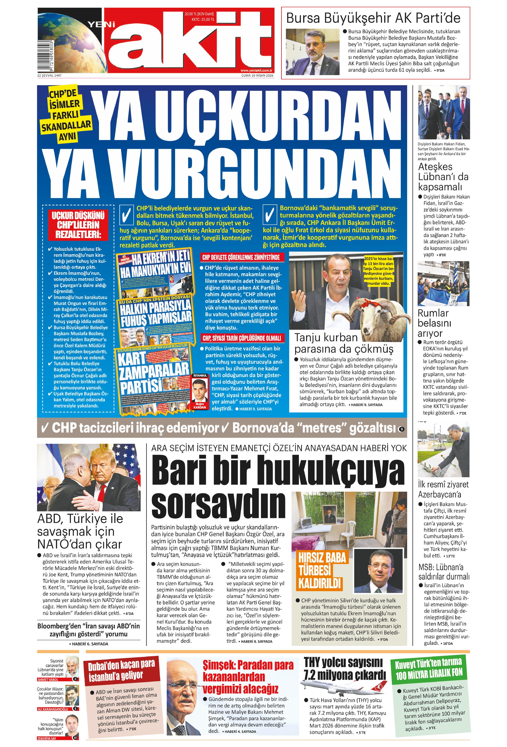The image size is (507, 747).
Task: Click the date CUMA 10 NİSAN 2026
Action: (x=257, y=75)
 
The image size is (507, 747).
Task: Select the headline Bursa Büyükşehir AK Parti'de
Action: (x=373, y=18)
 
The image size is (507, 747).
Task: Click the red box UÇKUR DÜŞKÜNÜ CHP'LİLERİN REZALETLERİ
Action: (x=78, y=225)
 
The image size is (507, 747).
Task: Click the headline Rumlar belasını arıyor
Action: (x=434, y=323)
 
